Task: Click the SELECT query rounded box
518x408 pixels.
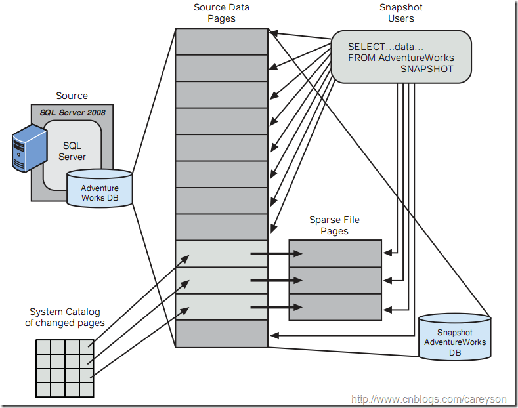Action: (x=400, y=57)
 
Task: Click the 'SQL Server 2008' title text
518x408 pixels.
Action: (x=72, y=113)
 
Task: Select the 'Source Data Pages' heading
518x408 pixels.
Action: (x=221, y=13)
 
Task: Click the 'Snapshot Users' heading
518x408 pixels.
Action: (x=400, y=13)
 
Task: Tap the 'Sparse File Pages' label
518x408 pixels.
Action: (x=334, y=226)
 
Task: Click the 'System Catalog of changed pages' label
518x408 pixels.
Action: (x=65, y=317)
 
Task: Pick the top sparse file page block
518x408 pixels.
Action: (x=335, y=253)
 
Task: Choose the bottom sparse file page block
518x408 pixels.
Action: (x=335, y=307)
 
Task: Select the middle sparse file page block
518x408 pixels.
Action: (x=335, y=280)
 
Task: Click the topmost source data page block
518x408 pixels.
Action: (x=221, y=41)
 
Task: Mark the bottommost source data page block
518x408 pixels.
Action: (x=221, y=334)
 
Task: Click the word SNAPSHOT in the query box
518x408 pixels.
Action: (x=427, y=69)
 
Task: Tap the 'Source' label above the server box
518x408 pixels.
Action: (x=72, y=96)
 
